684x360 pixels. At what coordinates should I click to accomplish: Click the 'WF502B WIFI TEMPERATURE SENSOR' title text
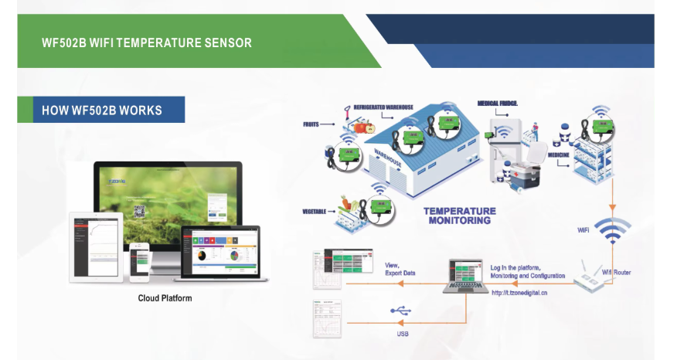[147, 42]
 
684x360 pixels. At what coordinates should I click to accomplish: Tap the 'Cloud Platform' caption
[165, 298]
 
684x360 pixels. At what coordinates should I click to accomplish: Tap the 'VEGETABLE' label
[317, 211]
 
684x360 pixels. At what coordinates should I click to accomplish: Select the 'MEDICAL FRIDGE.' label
[498, 103]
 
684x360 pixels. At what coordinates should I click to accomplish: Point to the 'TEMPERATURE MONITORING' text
[460, 216]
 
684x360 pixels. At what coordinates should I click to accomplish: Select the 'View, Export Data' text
[400, 270]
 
